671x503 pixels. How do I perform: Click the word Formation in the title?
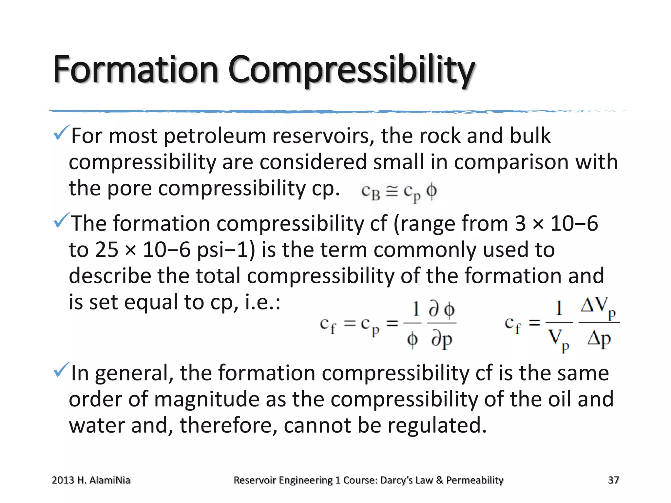click(x=135, y=69)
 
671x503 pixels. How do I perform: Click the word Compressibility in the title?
click(x=351, y=70)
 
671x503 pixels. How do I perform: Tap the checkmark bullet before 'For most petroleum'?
click(x=61, y=133)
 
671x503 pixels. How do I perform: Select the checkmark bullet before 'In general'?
click(x=61, y=370)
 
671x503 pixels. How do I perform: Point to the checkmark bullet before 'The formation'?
click(x=61, y=220)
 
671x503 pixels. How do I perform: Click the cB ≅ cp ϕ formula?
click(x=399, y=192)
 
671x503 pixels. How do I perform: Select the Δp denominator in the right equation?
click(x=599, y=339)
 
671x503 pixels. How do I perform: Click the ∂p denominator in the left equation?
click(x=442, y=340)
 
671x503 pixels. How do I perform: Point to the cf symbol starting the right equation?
click(x=512, y=324)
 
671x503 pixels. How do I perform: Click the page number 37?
click(x=613, y=480)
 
